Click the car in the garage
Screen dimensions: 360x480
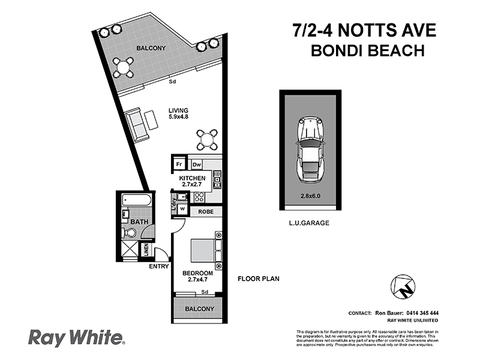[x=310, y=149]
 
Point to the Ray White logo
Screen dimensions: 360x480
[x=76, y=338]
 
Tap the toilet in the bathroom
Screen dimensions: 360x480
[x=129, y=233]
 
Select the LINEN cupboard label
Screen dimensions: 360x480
[x=146, y=250]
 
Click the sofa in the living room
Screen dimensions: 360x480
[x=138, y=124]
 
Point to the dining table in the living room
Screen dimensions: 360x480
[x=207, y=140]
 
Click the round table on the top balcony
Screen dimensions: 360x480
[x=125, y=68]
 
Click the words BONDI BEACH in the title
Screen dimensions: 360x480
[x=367, y=50]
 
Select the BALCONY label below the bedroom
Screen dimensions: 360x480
[x=199, y=309]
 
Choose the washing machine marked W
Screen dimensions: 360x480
[x=182, y=208]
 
